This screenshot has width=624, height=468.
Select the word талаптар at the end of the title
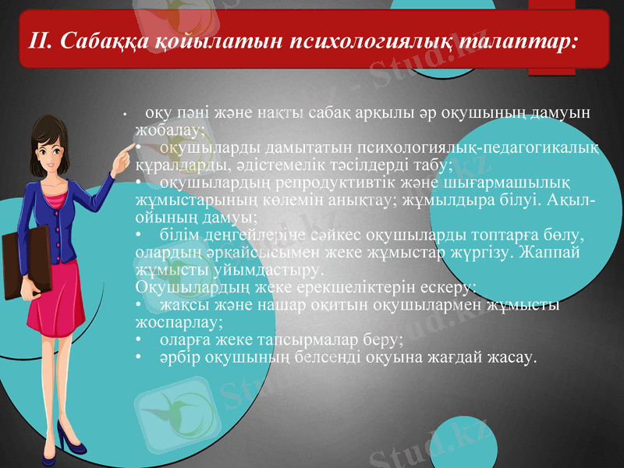pos(516,40)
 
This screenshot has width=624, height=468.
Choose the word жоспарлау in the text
pos(177,321)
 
